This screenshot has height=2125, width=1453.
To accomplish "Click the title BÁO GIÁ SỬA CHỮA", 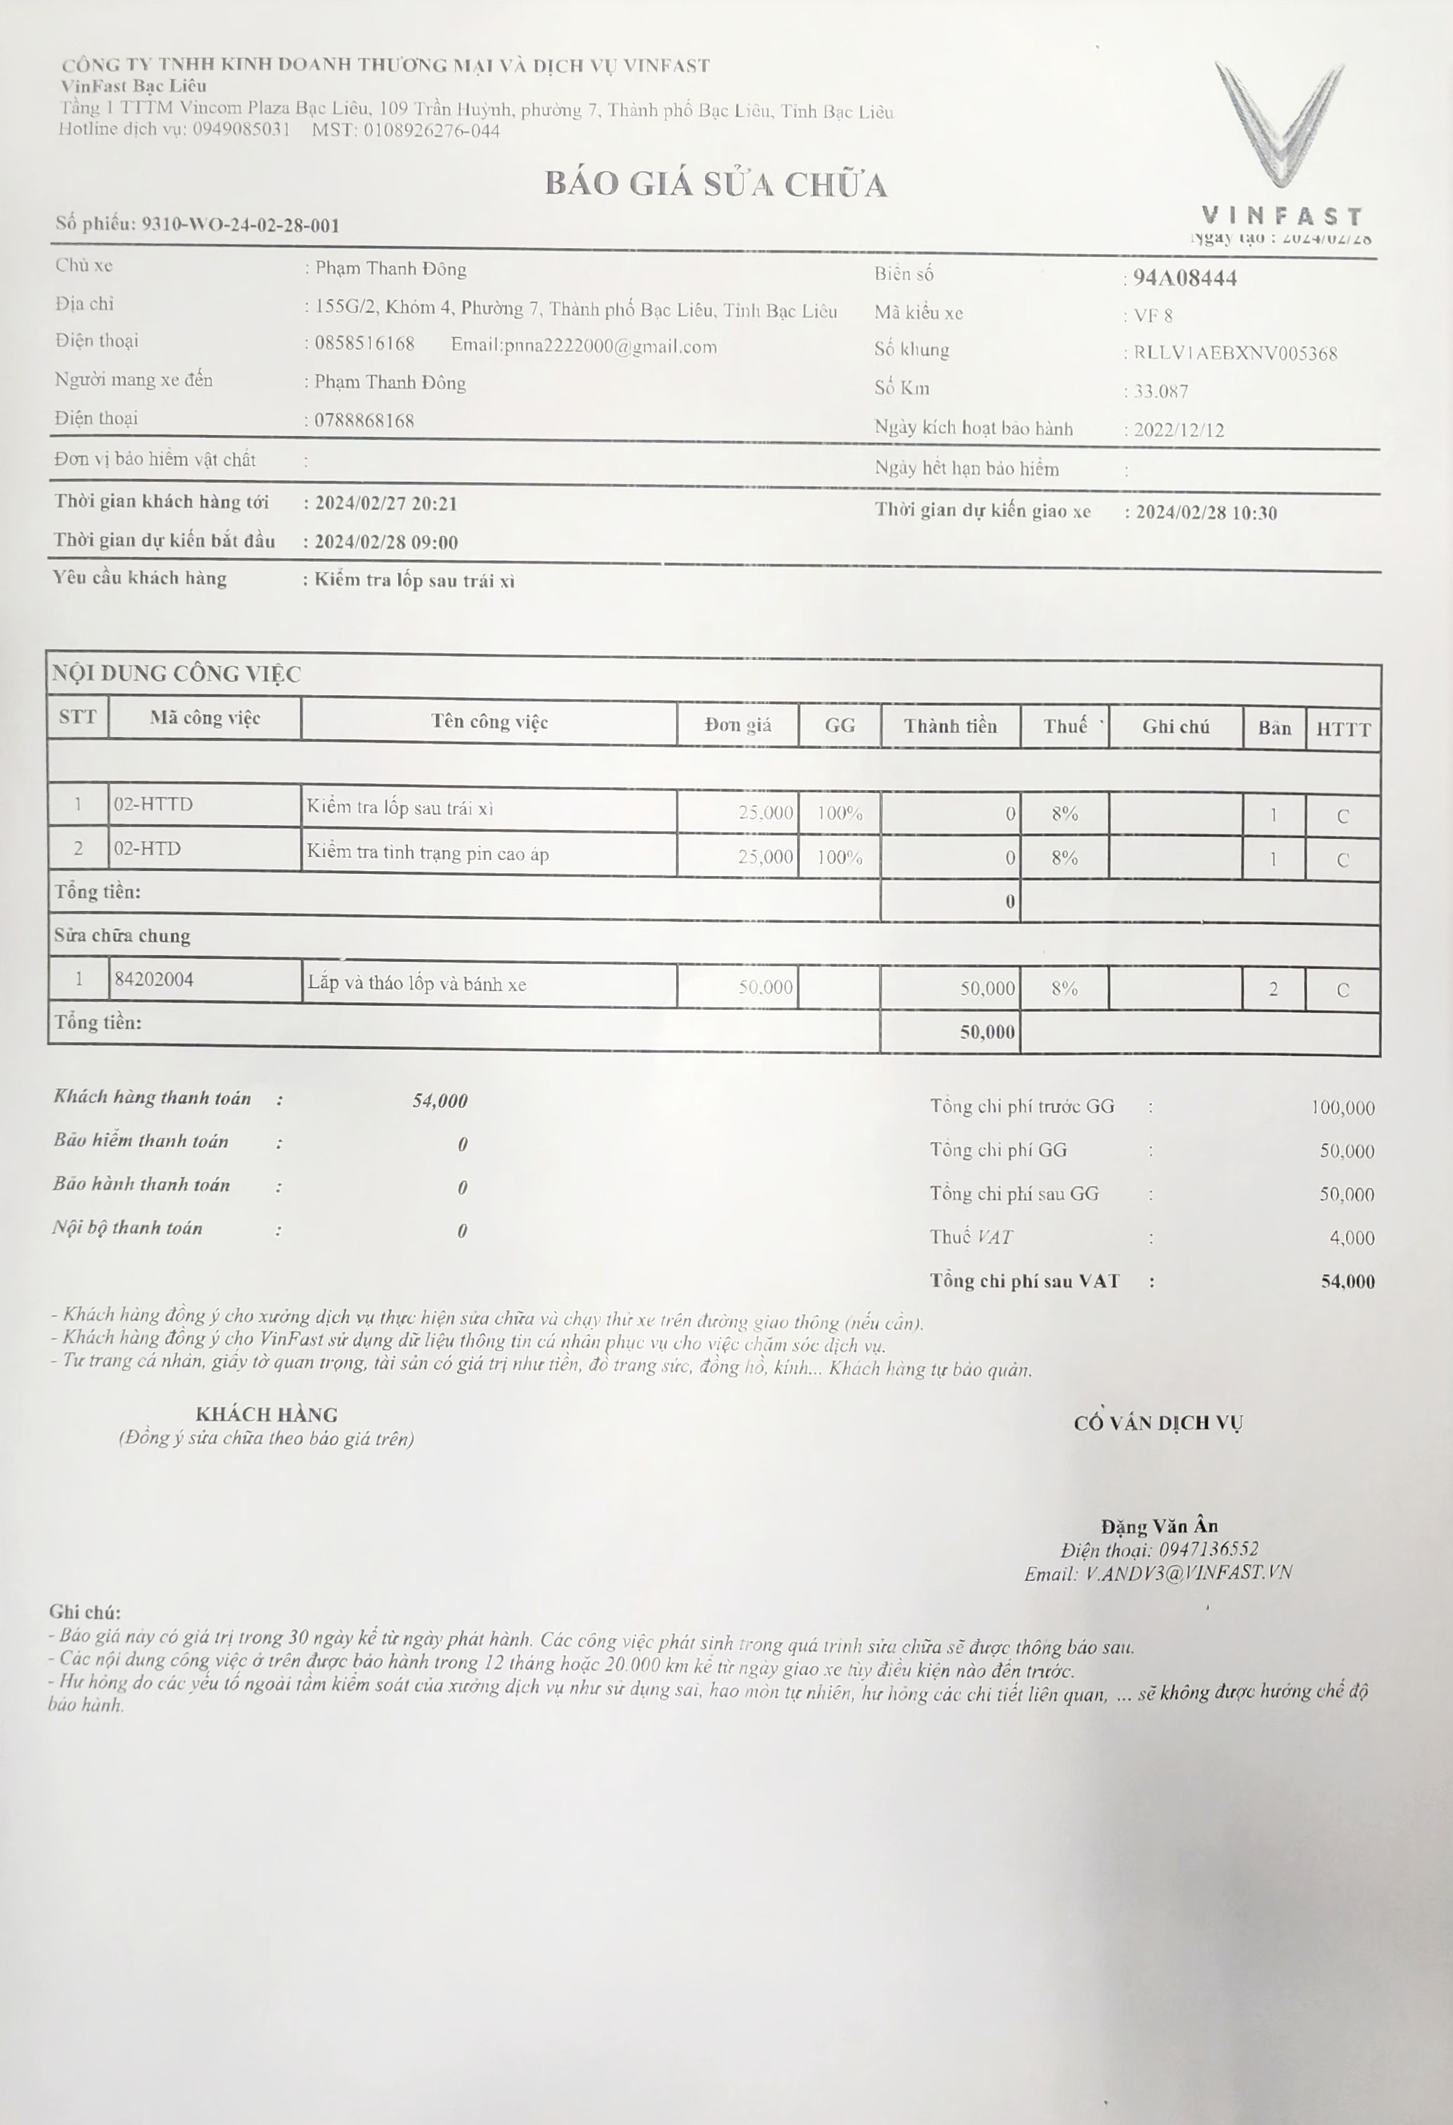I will click(716, 184).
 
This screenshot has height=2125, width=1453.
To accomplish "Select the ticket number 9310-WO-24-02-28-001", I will click(240, 225).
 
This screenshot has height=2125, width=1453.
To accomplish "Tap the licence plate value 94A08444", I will click(1185, 278).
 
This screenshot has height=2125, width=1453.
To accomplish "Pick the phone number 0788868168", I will click(364, 421).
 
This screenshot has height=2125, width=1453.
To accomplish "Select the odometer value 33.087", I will click(1160, 391).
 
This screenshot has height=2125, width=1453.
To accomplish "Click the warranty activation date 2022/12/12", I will click(1178, 430).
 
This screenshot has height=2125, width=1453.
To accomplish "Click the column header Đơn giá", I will click(738, 725).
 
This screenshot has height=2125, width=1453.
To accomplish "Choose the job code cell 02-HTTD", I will click(154, 805).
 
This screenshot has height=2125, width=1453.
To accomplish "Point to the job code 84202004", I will click(154, 979).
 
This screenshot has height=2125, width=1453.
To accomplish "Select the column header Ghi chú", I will click(1175, 727).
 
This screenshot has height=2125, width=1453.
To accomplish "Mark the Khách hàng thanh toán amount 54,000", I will click(440, 1101).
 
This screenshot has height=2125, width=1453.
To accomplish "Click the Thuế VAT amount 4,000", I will click(1352, 1238).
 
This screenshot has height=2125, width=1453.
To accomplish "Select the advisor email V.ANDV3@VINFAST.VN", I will click(1188, 1574).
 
